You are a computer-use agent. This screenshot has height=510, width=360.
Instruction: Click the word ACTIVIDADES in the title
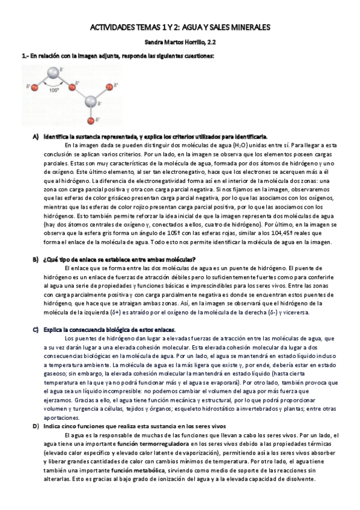click(112, 27)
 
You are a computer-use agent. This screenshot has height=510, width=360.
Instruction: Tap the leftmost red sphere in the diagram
click(35, 89)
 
